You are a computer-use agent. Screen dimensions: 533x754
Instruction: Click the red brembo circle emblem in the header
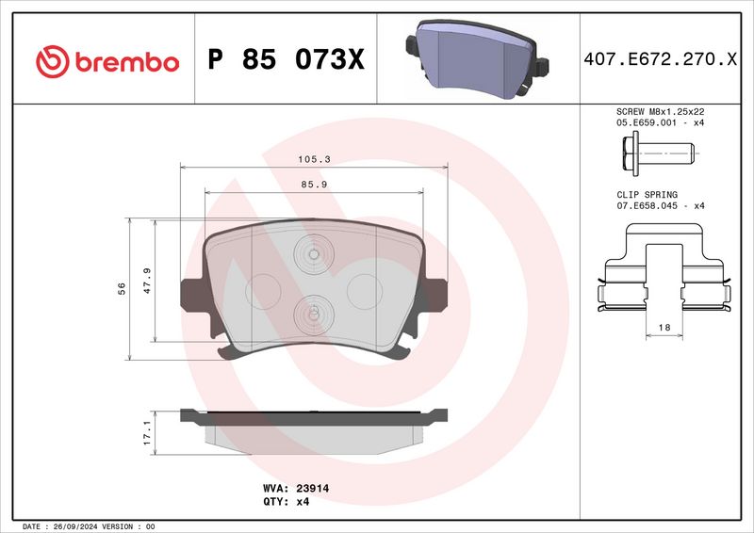pyautogui.click(x=53, y=61)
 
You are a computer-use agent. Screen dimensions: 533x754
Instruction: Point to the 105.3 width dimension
pyautogui.click(x=313, y=160)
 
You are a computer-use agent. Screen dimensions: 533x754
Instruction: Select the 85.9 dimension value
pyautogui.click(x=313, y=185)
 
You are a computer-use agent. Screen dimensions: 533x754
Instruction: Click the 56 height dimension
pyautogui.click(x=122, y=288)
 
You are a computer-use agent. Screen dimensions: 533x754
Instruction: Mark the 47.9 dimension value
pyautogui.click(x=147, y=281)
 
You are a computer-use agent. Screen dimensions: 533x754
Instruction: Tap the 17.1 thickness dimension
pyautogui.click(x=147, y=433)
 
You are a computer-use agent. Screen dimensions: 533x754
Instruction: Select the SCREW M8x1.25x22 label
pyautogui.click(x=659, y=110)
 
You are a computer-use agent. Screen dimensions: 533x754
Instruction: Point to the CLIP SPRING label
pyautogui.click(x=647, y=193)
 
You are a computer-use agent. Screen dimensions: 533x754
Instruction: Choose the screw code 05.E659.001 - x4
pyautogui.click(x=659, y=122)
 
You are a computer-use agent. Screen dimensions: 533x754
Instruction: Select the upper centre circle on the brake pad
pyautogui.click(x=313, y=251)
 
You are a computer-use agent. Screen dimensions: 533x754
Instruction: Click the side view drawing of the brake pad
pyautogui.click(x=313, y=426)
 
